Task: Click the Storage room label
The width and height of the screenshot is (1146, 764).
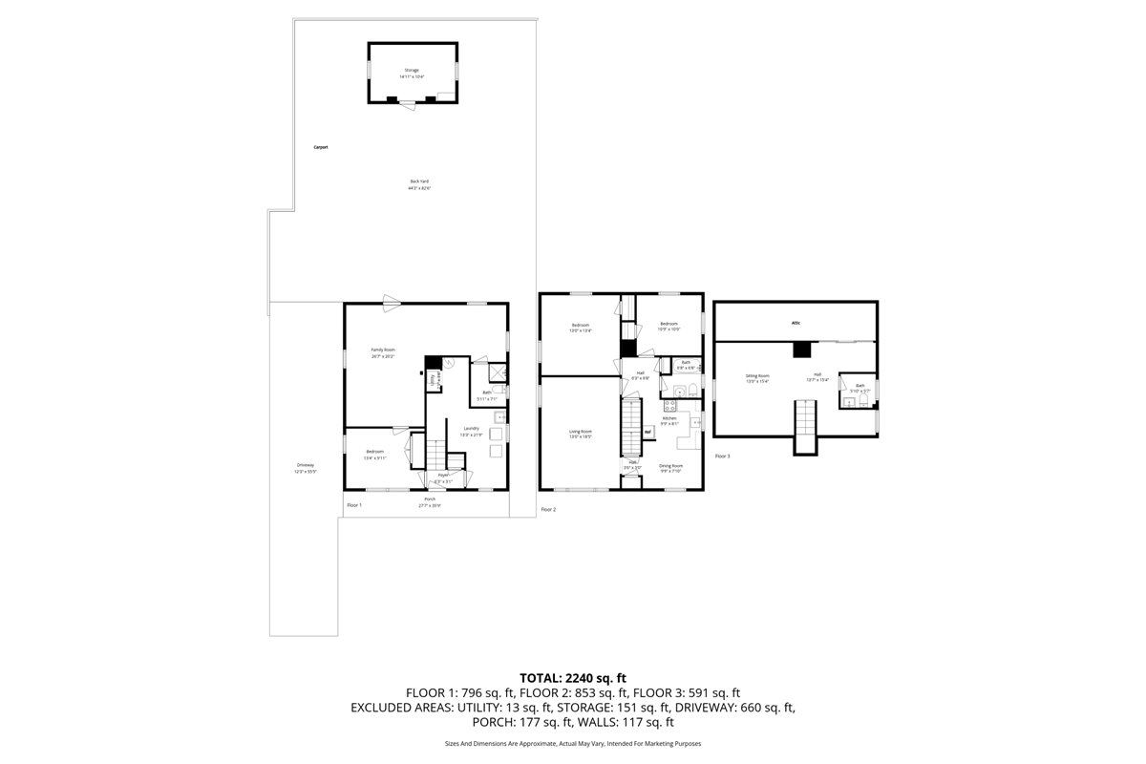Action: coord(412,70)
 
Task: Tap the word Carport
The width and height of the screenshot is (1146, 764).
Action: coord(321,147)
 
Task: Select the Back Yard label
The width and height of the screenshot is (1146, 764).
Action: coord(419,181)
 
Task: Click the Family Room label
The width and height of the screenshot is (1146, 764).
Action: coord(383,350)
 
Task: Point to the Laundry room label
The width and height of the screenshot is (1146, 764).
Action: coord(471,428)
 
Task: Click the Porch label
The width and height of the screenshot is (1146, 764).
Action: coord(430,499)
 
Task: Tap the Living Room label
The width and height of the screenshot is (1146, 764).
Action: coord(581,432)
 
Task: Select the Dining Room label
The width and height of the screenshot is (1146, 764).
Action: coord(671,465)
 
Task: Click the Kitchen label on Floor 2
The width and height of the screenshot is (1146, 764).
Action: coord(670,418)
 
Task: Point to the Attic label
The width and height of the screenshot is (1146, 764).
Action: coord(796,323)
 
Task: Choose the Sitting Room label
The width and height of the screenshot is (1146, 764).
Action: coord(758,376)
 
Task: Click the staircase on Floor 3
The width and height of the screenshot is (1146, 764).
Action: coord(806,420)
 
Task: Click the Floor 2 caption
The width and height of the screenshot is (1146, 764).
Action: coord(548,510)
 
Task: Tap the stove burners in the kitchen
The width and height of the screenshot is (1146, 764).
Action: coord(670,405)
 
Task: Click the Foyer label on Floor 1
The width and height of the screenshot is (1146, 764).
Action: coord(444,475)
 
